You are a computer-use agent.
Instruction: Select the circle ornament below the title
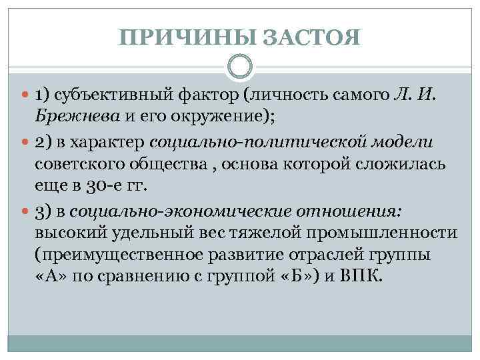click(240, 66)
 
